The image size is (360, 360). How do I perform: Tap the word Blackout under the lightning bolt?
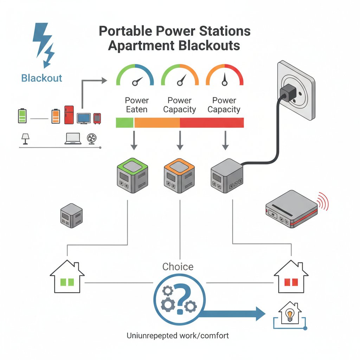[x=41, y=78]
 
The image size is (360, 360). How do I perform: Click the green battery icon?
[x=22, y=116]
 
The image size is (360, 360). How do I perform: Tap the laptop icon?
[x=73, y=139]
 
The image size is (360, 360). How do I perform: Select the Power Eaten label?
[x=137, y=105]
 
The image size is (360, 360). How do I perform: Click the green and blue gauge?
[x=135, y=75]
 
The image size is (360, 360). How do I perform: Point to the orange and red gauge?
[x=224, y=75]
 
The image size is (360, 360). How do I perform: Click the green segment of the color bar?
[x=125, y=123]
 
